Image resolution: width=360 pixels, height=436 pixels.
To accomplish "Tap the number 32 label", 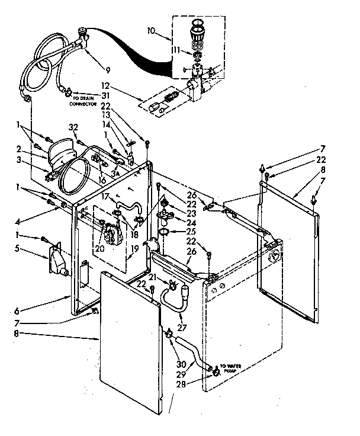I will [73, 127].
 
